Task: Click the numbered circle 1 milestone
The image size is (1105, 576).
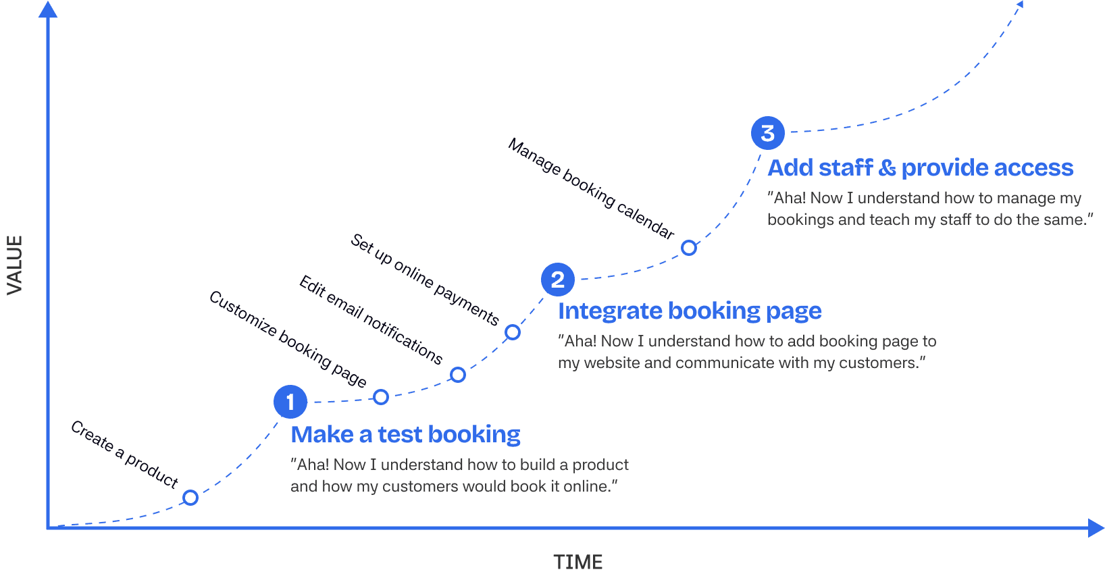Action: pos(290,402)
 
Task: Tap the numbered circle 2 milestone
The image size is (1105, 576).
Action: pos(558,280)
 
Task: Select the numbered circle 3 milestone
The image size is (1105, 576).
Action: pos(767,133)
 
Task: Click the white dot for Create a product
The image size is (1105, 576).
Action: pos(190,498)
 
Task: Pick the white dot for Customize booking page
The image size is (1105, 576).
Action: pos(381,397)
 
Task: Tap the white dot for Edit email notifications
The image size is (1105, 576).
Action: pos(458,375)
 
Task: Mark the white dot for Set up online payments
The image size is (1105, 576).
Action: pos(513,332)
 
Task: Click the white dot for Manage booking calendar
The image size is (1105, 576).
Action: pos(688,248)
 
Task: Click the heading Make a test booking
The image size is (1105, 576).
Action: pos(405,435)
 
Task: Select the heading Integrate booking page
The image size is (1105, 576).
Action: pos(689,311)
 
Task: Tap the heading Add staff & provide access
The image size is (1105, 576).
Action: pos(920,167)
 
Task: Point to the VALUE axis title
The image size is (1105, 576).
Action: pos(15,265)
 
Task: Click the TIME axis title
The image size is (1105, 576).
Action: pos(577,562)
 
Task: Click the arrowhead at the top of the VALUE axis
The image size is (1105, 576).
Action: pos(48,9)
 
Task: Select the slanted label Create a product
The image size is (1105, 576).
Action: pos(125,454)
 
